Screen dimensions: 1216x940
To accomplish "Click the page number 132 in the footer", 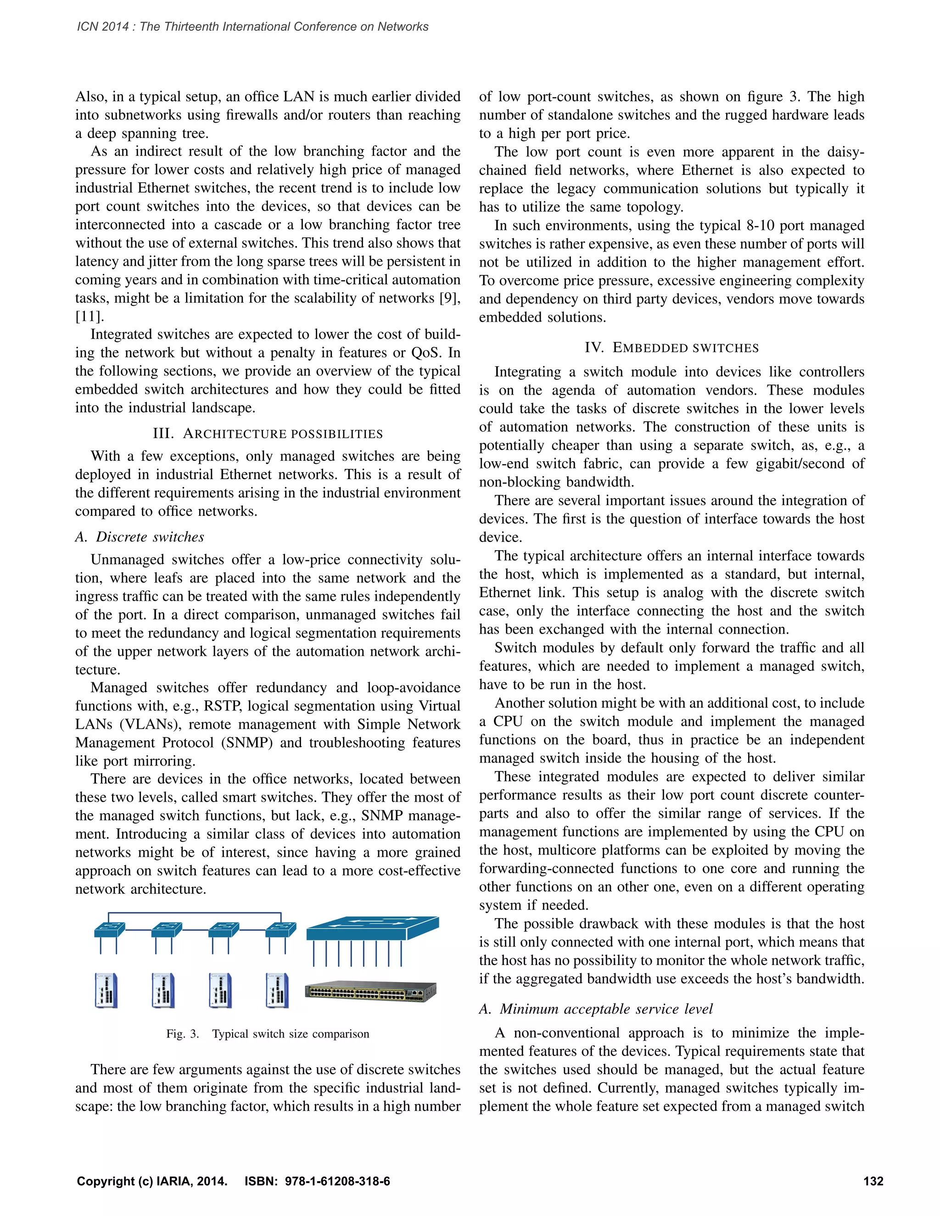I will click(x=873, y=1181).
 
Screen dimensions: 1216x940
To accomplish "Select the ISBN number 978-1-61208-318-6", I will click(x=337, y=1181).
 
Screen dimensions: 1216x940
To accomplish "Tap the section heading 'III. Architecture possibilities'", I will click(x=268, y=433).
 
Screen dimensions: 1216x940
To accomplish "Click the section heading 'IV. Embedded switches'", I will click(x=671, y=347).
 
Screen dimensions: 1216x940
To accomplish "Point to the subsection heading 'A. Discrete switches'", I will click(x=140, y=537).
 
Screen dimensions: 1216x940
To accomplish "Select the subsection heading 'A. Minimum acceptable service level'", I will click(x=596, y=1009).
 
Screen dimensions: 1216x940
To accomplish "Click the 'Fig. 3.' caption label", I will click(x=182, y=1034).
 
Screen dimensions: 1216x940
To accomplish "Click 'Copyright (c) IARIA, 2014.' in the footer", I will click(x=152, y=1181).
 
